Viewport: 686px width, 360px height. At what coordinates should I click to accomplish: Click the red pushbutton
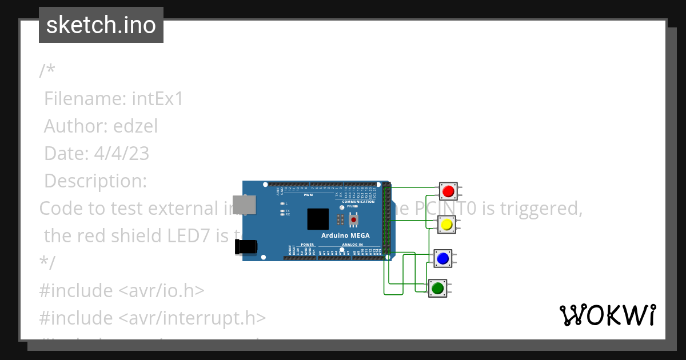coord(448,191)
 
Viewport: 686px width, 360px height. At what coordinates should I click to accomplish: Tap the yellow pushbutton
coord(446,225)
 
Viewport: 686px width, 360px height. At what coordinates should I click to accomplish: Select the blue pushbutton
coord(442,258)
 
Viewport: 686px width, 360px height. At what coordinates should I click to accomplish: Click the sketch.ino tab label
coord(101,25)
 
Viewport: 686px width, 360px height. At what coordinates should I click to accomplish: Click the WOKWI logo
coord(607,315)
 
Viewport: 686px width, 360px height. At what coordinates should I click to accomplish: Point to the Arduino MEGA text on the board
coord(345,235)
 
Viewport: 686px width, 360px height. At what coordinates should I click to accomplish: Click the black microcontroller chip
coord(318,219)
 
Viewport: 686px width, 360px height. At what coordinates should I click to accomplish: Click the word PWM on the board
coord(308,195)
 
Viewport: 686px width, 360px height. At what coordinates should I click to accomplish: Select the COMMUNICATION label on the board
coord(358,202)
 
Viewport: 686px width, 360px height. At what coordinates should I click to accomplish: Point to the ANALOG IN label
coord(353,245)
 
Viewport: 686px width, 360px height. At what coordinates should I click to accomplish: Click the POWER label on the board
coord(307,245)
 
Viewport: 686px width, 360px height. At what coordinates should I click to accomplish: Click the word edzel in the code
coord(135,126)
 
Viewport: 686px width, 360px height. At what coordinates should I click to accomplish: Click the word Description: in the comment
coord(95,181)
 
